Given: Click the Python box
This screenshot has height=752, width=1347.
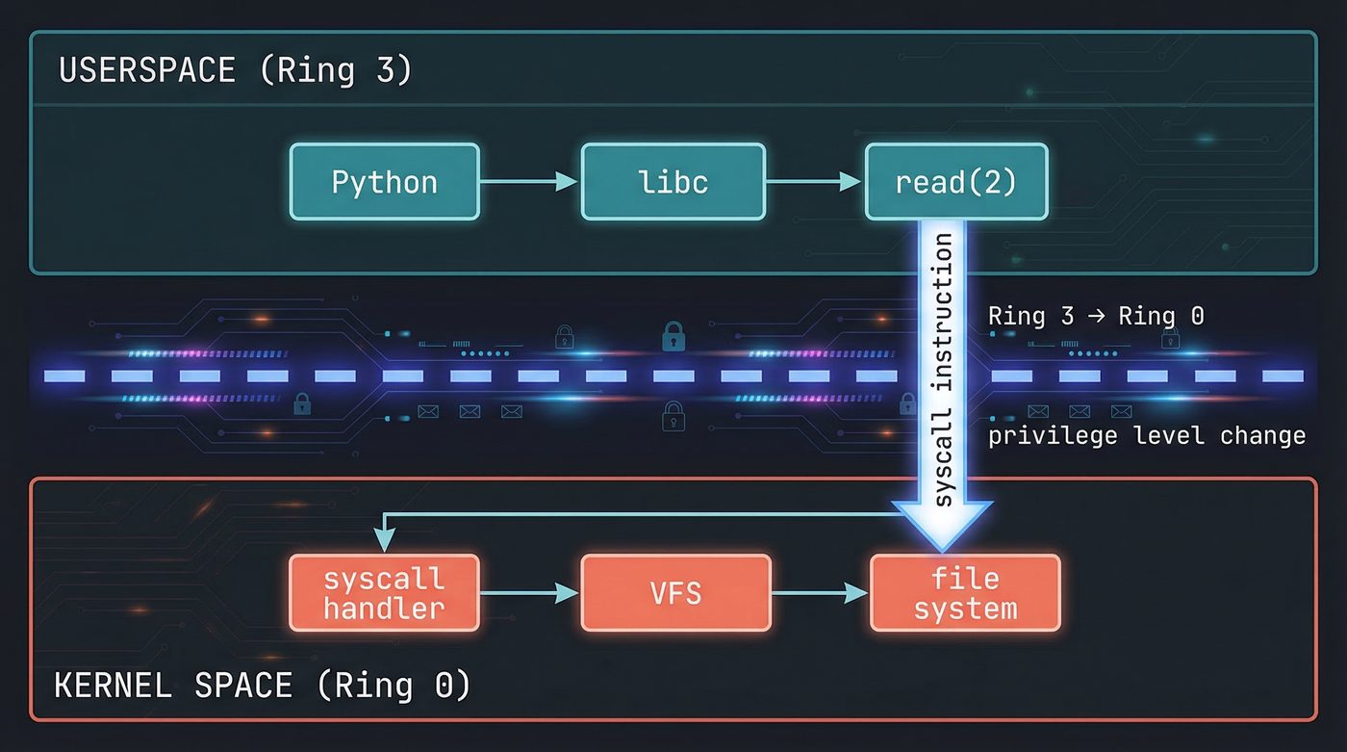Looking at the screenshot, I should (x=384, y=182).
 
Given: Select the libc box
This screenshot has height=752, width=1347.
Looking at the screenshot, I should (x=673, y=182).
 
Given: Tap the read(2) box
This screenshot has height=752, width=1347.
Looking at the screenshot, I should (x=955, y=182).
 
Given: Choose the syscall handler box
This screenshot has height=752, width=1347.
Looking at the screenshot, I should (x=384, y=593).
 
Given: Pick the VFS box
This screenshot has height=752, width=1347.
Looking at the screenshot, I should (x=675, y=593).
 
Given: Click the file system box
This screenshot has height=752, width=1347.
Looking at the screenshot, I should (x=965, y=593).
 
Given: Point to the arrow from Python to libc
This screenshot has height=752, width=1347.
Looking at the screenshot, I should (x=529, y=182).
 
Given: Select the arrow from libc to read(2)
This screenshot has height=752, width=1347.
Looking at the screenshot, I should (x=815, y=182).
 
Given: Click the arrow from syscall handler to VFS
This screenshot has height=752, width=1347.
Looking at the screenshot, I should (x=530, y=594).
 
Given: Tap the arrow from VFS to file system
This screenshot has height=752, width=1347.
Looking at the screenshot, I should (x=820, y=594).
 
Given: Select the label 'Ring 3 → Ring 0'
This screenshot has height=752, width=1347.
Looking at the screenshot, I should (x=1095, y=316).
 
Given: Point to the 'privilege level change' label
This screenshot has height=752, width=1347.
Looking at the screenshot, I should (x=1147, y=435).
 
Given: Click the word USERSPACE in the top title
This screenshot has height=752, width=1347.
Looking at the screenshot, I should (x=146, y=71).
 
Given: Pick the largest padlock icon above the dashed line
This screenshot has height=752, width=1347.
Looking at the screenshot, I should (x=673, y=337).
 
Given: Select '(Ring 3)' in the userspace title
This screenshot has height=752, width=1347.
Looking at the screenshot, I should (x=336, y=71).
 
